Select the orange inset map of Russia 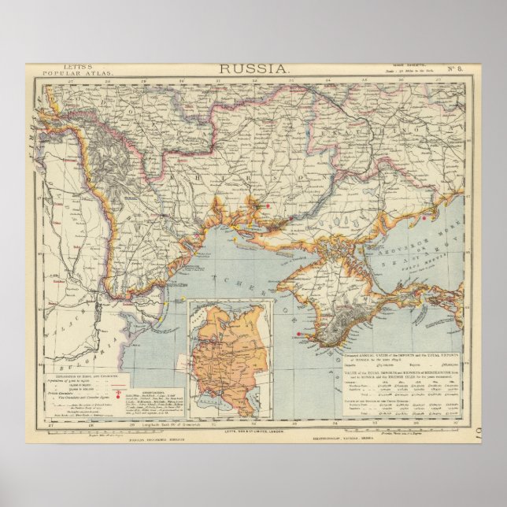click(x=229, y=358)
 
